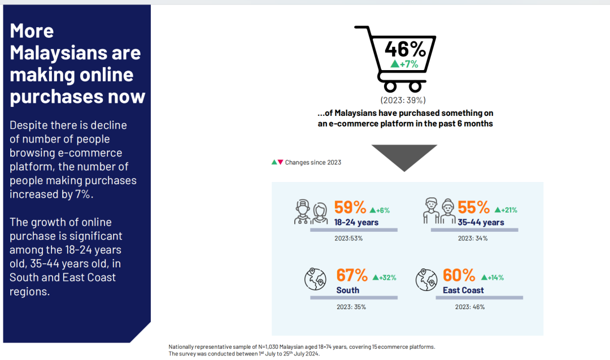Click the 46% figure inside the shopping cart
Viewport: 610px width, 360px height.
pyautogui.click(x=406, y=49)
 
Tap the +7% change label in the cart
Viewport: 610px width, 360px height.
pyautogui.click(x=404, y=64)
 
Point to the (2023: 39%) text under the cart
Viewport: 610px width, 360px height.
pyautogui.click(x=403, y=100)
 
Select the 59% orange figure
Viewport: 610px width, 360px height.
pyautogui.click(x=350, y=207)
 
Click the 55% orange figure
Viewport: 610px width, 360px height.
pyautogui.click(x=473, y=207)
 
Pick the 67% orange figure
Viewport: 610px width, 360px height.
pyautogui.click(x=352, y=275)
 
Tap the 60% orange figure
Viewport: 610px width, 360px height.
pyautogui.click(x=459, y=275)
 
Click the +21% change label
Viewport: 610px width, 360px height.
pyautogui.click(x=506, y=210)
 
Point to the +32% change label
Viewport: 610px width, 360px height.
pyautogui.click(x=385, y=277)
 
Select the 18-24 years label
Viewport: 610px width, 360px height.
pyautogui.click(x=356, y=222)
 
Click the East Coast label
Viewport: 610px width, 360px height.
pyautogui.click(x=463, y=290)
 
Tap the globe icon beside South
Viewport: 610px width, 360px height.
pyautogui.click(x=315, y=279)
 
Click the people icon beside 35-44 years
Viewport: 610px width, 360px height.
pyautogui.click(x=439, y=211)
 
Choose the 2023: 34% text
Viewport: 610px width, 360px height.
pyautogui.click(x=473, y=238)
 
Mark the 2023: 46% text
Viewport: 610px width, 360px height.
pyautogui.click(x=470, y=307)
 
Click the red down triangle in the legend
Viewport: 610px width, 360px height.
pyautogui.click(x=280, y=162)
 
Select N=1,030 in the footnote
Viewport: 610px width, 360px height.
pyautogui.click(x=271, y=347)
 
